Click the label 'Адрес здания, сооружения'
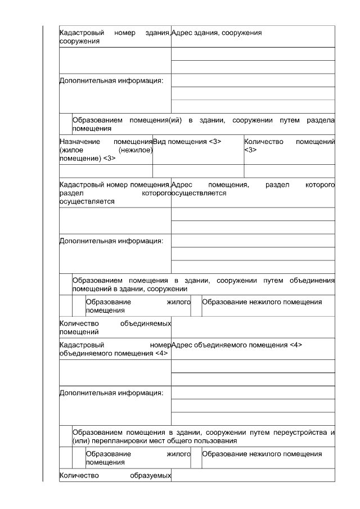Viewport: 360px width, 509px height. click(x=216, y=33)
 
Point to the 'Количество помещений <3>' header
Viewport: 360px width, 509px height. click(x=289, y=146)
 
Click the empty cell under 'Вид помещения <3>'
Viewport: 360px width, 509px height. click(x=198, y=171)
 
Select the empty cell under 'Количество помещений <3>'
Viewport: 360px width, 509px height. click(x=289, y=171)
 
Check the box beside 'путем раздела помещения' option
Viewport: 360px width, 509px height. click(x=65, y=124)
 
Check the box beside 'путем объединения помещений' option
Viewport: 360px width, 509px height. click(x=65, y=284)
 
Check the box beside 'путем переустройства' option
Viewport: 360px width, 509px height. click(x=65, y=436)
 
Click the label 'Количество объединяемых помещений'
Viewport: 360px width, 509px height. click(x=115, y=327)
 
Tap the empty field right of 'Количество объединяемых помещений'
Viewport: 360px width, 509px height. click(x=253, y=327)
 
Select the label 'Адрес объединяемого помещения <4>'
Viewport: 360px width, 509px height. click(x=237, y=345)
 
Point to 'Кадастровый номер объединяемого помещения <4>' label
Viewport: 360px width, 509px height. click(x=115, y=349)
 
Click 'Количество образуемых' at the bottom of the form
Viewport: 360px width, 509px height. click(x=115, y=476)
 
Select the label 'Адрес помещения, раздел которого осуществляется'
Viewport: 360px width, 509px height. click(x=253, y=188)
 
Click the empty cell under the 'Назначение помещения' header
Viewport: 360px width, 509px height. click(x=106, y=171)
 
